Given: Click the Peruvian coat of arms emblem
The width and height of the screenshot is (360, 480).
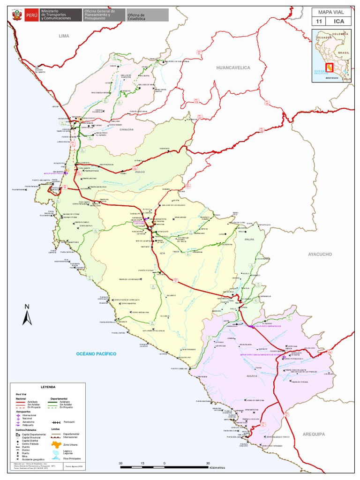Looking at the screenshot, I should click(x=15, y=15).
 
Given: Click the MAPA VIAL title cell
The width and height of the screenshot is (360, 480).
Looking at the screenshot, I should click(x=330, y=12).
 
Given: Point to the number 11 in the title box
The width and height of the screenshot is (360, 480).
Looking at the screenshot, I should click(x=319, y=22).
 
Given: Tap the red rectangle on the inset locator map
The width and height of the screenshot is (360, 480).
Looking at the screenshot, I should click(x=330, y=68).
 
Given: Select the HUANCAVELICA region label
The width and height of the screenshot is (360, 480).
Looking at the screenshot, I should click(x=233, y=68).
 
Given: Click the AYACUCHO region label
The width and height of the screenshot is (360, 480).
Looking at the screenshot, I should click(x=320, y=254).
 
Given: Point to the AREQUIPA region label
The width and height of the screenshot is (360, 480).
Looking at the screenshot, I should click(x=313, y=435).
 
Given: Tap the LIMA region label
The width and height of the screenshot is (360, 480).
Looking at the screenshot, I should click(x=64, y=36).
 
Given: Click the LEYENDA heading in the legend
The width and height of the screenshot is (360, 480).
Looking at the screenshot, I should click(x=48, y=387).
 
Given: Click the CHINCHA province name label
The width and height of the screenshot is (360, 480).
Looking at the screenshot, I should click(x=127, y=129).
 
